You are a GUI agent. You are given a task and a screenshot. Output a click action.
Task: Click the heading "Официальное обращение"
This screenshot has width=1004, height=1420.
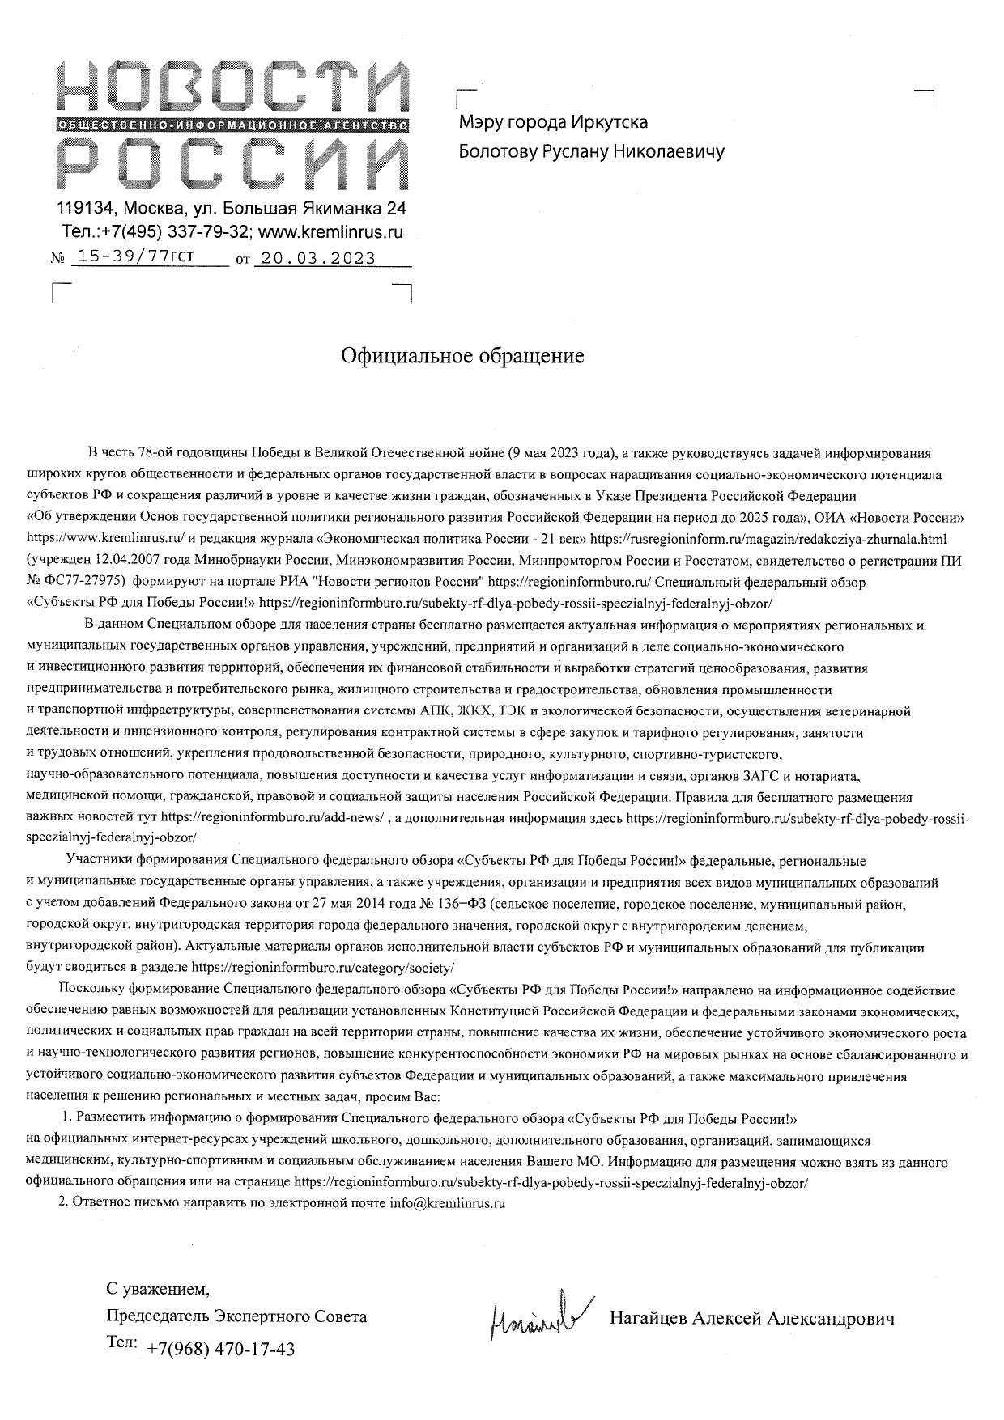pos(462,357)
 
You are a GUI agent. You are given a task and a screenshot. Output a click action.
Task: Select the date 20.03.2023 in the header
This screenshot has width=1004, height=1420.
pos(315,258)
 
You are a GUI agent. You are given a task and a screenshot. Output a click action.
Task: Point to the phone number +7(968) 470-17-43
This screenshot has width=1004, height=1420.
pos(221,1350)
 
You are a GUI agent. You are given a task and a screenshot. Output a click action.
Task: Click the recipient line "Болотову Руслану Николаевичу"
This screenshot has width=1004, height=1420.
pos(592,151)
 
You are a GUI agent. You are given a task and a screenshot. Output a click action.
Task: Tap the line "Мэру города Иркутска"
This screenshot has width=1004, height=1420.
pos(554,122)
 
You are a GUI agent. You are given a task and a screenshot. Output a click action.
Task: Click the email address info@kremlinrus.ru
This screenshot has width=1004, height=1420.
pos(447,1203)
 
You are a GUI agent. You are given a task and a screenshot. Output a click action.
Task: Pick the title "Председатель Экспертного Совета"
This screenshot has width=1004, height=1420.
pos(236,1316)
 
